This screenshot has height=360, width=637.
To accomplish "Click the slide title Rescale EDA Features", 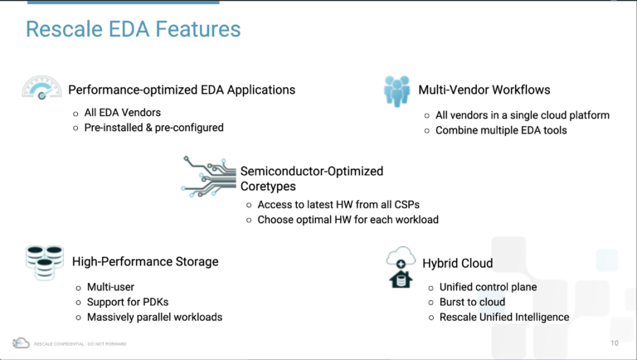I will click(x=133, y=30).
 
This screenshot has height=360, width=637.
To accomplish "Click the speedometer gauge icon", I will click(x=41, y=88).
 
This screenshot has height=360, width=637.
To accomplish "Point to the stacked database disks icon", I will click(x=44, y=261).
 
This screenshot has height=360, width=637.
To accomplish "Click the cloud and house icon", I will click(x=401, y=267).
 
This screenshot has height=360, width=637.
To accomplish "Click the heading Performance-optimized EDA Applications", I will click(x=182, y=90).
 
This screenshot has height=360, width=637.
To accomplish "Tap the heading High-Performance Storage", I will click(x=145, y=261).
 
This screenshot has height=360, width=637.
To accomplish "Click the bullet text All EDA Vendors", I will click(x=123, y=112).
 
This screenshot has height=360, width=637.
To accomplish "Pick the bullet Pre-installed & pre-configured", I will click(x=153, y=128).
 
